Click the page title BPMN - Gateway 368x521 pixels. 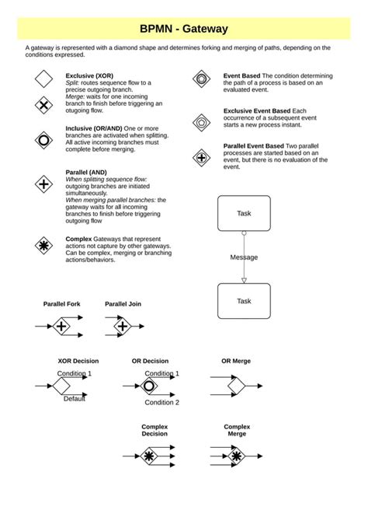[x=184, y=29]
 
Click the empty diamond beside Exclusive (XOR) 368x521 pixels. [x=43, y=79]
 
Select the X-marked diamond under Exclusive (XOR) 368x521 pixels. [x=43, y=105]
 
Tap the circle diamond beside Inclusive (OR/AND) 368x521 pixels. [x=43, y=140]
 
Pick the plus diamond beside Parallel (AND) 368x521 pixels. [x=43, y=184]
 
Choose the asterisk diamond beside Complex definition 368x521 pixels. [x=43, y=247]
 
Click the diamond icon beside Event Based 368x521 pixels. [x=201, y=79]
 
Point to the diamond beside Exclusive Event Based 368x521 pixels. [x=201, y=122]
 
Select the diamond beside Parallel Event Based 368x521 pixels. [x=201, y=158]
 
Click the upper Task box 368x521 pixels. [x=244, y=213]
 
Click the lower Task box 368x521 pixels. [x=244, y=301]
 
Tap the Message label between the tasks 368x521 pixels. [x=244, y=257]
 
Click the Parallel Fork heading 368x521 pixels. [x=61, y=304]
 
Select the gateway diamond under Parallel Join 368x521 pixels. [x=122, y=327]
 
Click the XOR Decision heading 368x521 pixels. [x=78, y=361]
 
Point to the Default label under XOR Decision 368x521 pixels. [x=75, y=399]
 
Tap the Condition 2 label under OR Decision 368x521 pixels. [x=161, y=402]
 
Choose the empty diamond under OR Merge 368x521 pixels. [x=235, y=384]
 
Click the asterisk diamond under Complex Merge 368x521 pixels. [x=236, y=455]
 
